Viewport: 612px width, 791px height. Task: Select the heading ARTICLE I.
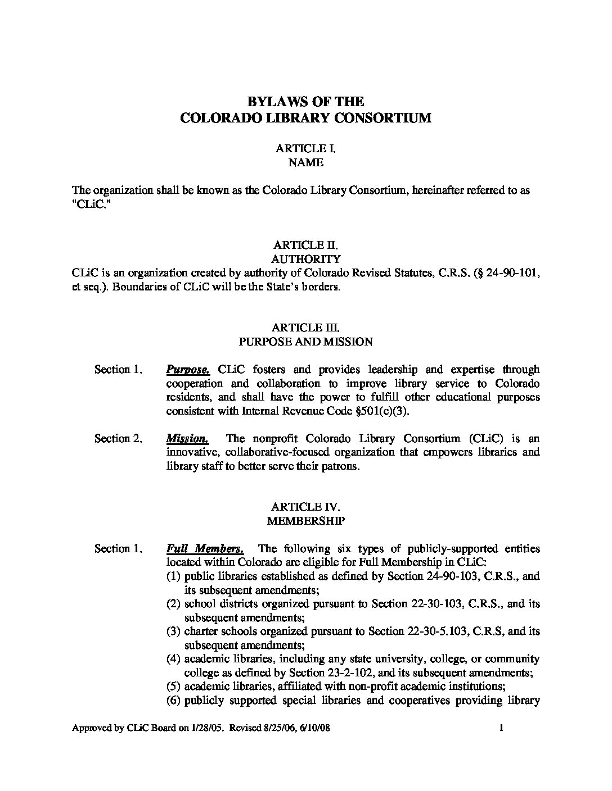[305, 148]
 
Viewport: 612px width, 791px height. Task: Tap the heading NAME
[305, 162]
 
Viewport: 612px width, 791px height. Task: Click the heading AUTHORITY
[305, 259]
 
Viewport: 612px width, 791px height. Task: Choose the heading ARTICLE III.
[305, 328]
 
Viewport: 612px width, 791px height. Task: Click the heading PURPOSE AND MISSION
[305, 342]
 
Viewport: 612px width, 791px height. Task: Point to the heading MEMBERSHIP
[305, 521]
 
